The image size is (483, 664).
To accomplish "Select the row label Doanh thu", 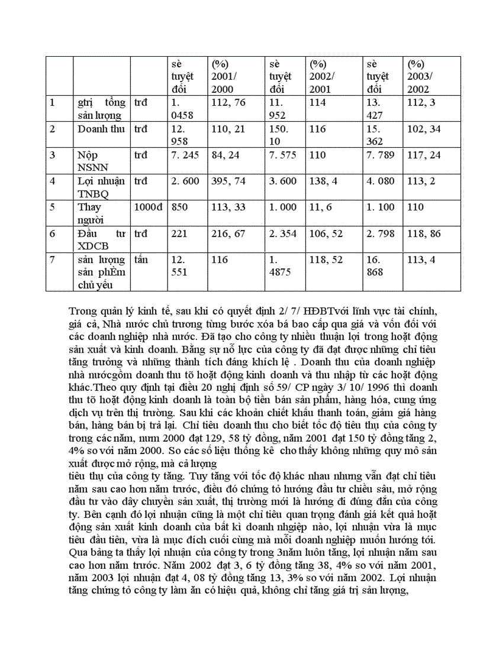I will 101,129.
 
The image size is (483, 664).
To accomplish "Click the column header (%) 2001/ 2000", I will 224,76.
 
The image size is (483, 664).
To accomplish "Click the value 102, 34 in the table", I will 423,129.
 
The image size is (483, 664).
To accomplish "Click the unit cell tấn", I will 141,260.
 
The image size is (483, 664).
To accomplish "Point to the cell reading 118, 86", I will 424,234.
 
